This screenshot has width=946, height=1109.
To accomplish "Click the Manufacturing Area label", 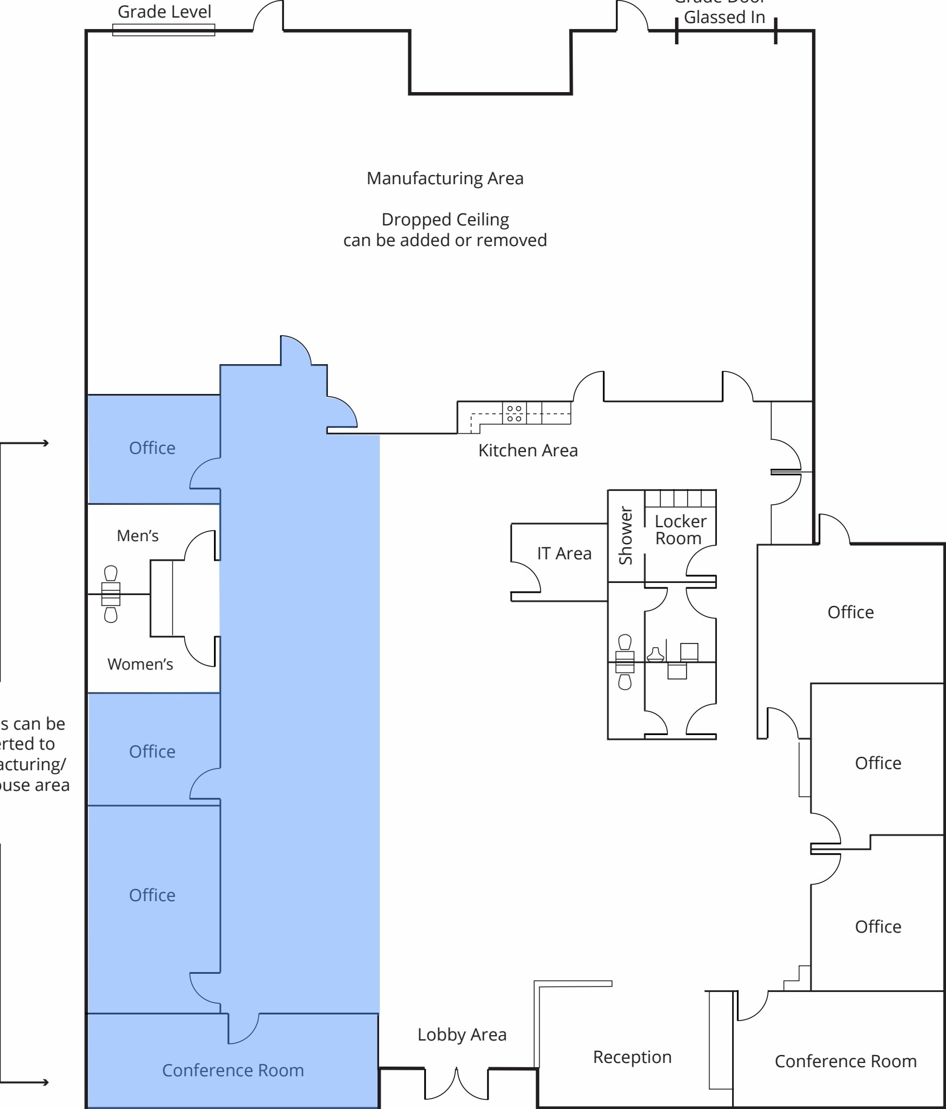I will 445,178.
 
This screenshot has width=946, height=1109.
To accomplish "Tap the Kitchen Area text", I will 528,450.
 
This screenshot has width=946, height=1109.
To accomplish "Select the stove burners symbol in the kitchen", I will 515,413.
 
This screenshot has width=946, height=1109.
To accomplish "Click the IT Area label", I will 564,553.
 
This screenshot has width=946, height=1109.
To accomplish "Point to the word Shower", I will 625,536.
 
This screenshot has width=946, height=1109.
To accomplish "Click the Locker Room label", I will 680,530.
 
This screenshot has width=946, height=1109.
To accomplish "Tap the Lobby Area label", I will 462,1034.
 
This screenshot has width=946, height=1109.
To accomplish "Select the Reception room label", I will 632,1057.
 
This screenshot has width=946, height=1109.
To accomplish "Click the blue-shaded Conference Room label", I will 233,1070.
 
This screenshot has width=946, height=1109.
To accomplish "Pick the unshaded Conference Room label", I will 845,1061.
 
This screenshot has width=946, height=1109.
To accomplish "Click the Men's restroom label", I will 138,536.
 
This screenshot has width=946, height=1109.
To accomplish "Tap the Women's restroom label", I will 140,664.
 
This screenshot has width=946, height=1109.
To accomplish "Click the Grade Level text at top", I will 164,12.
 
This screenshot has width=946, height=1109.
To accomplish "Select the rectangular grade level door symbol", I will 164,30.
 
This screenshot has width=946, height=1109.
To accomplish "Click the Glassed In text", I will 724,18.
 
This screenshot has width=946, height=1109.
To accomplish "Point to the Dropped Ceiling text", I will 445,219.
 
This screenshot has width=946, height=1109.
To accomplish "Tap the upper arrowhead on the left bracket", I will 45,443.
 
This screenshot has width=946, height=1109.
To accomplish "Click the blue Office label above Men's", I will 152,448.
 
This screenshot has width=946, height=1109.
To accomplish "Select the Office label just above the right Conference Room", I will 878,927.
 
